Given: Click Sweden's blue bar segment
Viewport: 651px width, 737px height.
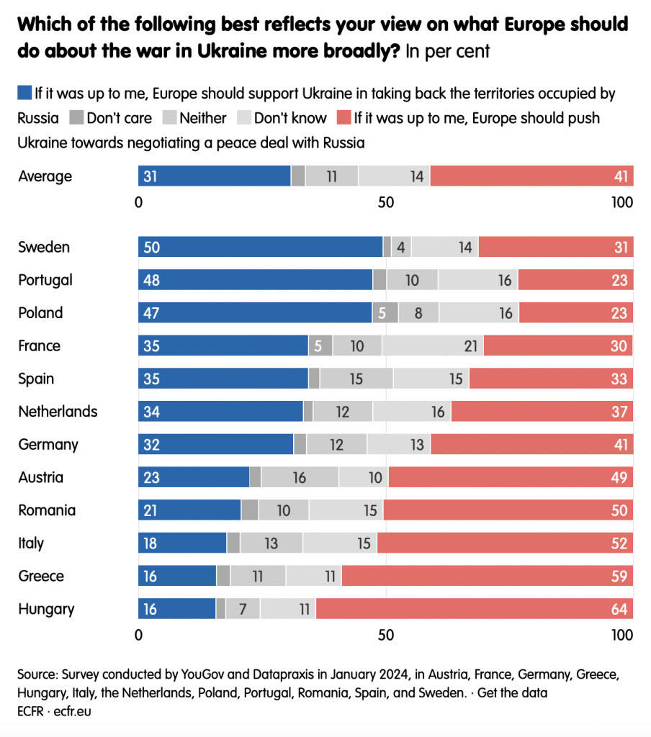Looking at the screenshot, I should [x=260, y=247].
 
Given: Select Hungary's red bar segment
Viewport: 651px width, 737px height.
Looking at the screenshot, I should [x=475, y=609].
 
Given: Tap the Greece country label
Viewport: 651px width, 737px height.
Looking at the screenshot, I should [x=41, y=576].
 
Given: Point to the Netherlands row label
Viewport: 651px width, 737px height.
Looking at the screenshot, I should [x=58, y=412].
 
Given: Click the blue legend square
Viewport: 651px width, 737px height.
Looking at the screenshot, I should [x=24, y=93].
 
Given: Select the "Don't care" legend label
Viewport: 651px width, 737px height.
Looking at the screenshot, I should [x=119, y=117].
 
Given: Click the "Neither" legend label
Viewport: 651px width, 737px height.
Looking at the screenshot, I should [x=203, y=117].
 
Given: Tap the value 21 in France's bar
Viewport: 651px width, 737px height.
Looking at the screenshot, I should [x=471, y=345].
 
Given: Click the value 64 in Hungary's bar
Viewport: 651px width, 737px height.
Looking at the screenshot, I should [x=620, y=609].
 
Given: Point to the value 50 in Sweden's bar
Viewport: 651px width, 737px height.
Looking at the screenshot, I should [x=151, y=247].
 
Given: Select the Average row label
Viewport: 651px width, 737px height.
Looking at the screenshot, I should [x=45, y=176].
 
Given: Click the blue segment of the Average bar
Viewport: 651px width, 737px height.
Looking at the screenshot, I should [x=214, y=176].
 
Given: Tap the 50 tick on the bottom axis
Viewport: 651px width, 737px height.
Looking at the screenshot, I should [x=386, y=636].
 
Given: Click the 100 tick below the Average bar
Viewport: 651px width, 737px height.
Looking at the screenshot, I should [x=621, y=202].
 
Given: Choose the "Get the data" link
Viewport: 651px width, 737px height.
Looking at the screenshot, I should [x=512, y=693].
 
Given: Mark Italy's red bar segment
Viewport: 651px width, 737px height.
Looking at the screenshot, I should [x=505, y=543].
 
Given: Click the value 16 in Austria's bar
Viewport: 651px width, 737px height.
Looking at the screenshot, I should [x=299, y=477].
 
